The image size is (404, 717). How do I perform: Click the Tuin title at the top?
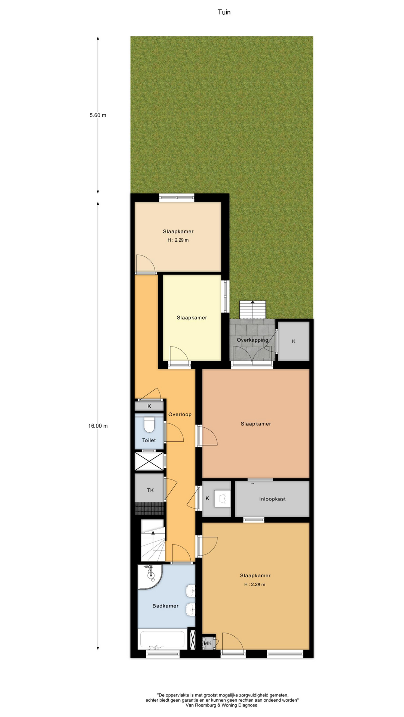point(224,12)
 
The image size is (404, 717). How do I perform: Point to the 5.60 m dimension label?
point(98,115)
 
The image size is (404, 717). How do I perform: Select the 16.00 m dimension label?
point(98,426)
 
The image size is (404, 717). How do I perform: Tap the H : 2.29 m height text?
point(178,240)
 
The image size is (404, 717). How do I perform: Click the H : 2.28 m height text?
point(255,584)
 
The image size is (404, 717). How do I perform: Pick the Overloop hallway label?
point(180,415)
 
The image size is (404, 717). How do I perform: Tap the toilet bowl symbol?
point(149,425)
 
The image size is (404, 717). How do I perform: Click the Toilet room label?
point(149,440)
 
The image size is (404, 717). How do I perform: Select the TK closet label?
point(150,490)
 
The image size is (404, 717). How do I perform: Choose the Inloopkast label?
point(272,499)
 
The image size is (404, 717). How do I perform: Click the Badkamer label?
point(165,606)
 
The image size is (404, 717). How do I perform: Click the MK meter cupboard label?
point(208,643)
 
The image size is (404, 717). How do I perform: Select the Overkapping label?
point(252,340)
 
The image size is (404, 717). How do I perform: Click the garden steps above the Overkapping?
point(252,310)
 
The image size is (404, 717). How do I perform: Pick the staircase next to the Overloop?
point(153,540)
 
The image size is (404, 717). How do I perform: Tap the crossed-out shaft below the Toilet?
point(149,461)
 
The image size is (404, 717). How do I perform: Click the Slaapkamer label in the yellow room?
point(192,318)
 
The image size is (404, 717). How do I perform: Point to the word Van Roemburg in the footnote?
point(201,705)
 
